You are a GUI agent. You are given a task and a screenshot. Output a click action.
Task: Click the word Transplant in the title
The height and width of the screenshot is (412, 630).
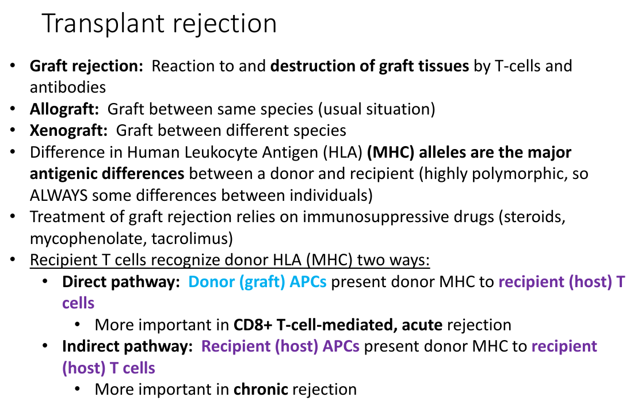coord(104,24)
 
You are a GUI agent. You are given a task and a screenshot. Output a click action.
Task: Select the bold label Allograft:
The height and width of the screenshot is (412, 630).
coord(64,109)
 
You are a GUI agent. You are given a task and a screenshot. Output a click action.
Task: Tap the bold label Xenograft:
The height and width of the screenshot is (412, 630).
coord(68,131)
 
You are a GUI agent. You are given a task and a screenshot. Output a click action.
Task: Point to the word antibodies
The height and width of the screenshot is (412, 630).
coord(68,87)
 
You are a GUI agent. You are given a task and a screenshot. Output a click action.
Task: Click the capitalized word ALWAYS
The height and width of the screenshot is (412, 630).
coord(59,195)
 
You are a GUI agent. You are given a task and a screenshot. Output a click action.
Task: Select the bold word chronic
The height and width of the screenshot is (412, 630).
coord(261,390)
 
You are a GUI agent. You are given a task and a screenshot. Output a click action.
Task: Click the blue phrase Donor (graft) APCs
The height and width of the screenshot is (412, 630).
coord(258,282)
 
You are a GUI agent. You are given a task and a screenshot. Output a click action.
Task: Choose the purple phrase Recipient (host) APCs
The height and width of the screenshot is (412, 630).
coord(280,346)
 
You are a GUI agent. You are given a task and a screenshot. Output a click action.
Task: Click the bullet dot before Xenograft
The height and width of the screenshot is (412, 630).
coord(13,130)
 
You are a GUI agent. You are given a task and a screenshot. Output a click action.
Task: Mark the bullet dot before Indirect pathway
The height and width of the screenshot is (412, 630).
coord(45,346)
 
